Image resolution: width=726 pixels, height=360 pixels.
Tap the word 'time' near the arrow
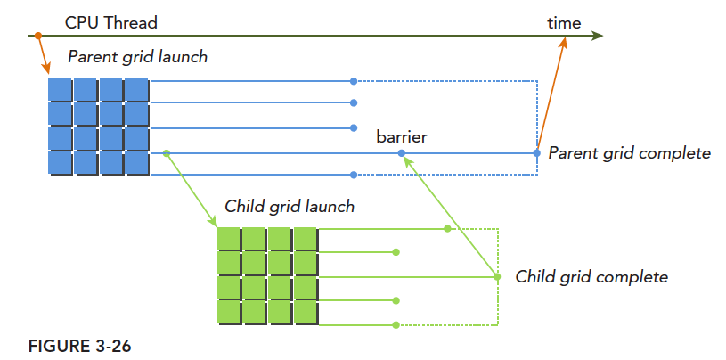click(x=563, y=22)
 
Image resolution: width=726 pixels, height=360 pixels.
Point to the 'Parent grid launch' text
click(x=137, y=57)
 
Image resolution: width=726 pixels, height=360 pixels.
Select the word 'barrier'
click(x=402, y=137)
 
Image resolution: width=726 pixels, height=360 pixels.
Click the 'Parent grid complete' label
click(x=629, y=153)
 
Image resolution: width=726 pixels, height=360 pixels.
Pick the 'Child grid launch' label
click(x=290, y=207)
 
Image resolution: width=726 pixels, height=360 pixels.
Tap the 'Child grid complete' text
click(x=591, y=277)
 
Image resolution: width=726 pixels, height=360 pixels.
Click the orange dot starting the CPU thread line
click(x=37, y=36)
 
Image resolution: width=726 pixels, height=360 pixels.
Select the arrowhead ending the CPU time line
click(x=598, y=36)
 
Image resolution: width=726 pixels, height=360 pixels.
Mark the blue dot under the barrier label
click(x=402, y=153)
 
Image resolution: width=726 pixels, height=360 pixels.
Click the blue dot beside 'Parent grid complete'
click(x=536, y=153)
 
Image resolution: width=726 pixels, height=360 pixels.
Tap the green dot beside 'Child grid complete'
click(x=497, y=277)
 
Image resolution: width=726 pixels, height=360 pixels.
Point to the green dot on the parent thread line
click(x=167, y=153)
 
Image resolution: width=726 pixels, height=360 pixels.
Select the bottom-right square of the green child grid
click(x=305, y=313)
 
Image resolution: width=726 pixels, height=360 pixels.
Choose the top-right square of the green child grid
click(x=305, y=240)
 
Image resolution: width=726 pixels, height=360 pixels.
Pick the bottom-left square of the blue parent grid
click(x=59, y=163)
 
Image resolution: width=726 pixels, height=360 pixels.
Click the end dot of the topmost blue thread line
click(x=354, y=81)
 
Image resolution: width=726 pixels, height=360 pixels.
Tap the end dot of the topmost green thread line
click(x=447, y=229)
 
